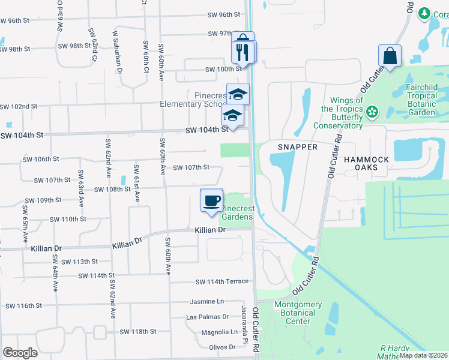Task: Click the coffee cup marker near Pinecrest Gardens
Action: tap(211, 200)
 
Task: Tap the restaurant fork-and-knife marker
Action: tap(243, 52)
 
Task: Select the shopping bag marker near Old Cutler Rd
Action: tap(390, 56)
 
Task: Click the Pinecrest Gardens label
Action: tap(237, 212)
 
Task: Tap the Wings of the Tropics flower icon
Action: tap(372, 110)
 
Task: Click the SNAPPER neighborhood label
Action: tap(297, 146)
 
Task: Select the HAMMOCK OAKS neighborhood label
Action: tap(366, 163)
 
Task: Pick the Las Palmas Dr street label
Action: tap(208, 316)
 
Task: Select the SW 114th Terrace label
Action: tap(221, 281)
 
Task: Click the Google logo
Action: tap(20, 353)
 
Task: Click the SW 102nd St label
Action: tap(19, 106)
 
